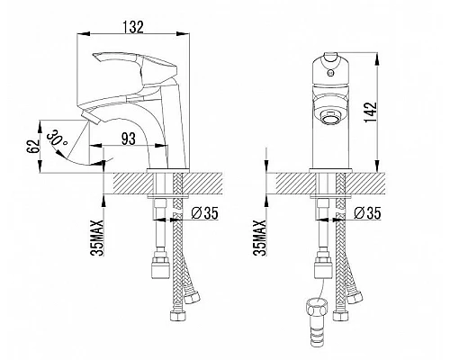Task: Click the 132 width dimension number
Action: coord(133,27)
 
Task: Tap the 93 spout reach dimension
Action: coord(128,139)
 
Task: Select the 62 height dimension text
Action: coord(34,146)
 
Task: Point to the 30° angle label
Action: coord(57,138)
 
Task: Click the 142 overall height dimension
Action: coord(370,112)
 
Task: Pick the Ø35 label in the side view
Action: coord(205,213)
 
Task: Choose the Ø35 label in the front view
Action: coord(367,213)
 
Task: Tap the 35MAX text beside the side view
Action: coord(97,238)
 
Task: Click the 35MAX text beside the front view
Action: coord(259,238)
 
